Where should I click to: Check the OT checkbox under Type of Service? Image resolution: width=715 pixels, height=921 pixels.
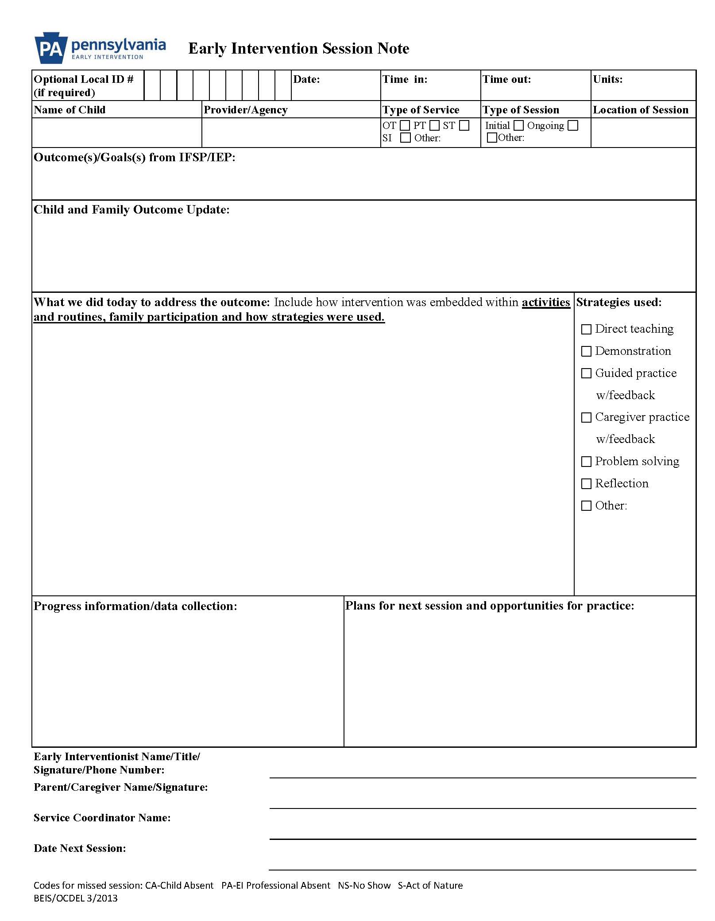click(x=405, y=126)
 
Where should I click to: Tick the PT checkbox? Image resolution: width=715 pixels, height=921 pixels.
click(x=434, y=126)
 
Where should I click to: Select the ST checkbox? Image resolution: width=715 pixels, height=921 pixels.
click(x=464, y=126)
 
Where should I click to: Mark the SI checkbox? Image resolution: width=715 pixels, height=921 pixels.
click(x=405, y=138)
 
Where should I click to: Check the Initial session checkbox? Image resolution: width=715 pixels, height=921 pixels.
click(x=518, y=126)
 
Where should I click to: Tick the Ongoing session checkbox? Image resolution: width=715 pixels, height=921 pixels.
click(x=573, y=126)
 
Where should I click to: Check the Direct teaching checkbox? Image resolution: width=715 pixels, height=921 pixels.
click(x=586, y=329)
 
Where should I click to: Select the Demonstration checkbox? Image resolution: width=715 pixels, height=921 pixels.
click(x=586, y=351)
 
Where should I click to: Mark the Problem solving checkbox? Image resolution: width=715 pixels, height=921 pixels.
click(x=586, y=462)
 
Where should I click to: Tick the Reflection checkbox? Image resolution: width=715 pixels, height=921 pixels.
click(x=586, y=484)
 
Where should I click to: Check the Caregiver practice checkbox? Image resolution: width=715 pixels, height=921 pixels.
click(x=586, y=417)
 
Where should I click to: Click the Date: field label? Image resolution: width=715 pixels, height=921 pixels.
click(x=306, y=79)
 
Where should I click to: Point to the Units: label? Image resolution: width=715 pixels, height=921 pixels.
click(x=608, y=79)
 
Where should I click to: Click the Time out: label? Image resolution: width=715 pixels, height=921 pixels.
click(x=506, y=79)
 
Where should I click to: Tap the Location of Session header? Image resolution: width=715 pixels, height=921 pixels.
click(x=641, y=110)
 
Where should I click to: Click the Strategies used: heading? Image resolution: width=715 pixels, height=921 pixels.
click(x=619, y=302)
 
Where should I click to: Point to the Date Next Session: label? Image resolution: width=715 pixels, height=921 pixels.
click(x=80, y=848)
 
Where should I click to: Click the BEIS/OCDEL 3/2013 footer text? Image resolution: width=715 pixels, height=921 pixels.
click(x=76, y=898)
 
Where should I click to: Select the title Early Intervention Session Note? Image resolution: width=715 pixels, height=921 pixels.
click(x=299, y=48)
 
